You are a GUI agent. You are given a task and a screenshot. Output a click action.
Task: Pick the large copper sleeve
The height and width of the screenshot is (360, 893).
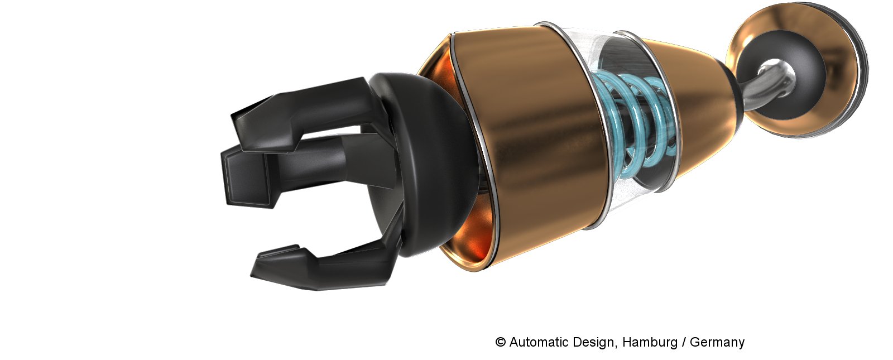point(530,147)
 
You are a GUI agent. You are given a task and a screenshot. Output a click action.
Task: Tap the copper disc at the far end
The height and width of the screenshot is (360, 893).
point(793,72)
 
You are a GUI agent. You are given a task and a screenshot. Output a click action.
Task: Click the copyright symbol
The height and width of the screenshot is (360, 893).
point(500,342)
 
